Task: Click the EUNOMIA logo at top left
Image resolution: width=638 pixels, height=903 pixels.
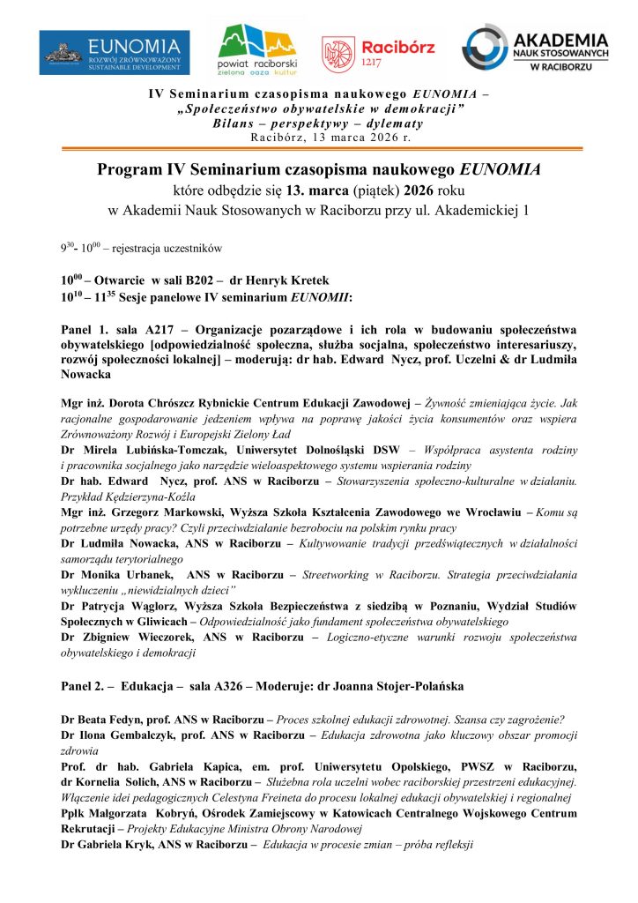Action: pyautogui.click(x=115, y=52)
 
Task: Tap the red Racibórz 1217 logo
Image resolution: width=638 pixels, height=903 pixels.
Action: pyautogui.click(x=378, y=52)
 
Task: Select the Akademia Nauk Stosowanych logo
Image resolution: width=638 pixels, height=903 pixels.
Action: pyautogui.click(x=535, y=51)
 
